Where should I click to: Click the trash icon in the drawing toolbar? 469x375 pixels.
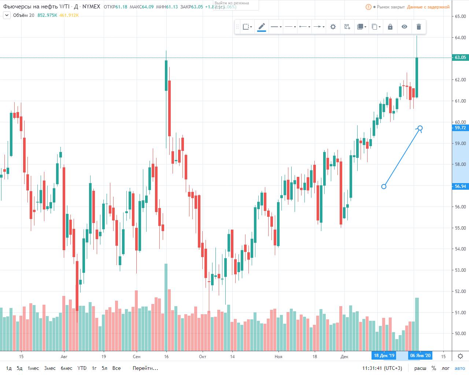click(x=419, y=27)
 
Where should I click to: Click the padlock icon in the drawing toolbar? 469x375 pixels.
click(x=390, y=27)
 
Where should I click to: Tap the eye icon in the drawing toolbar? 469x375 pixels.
click(x=404, y=27)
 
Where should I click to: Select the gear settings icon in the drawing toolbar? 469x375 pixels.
click(x=333, y=27)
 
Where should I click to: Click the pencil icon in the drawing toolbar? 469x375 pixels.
click(x=262, y=27)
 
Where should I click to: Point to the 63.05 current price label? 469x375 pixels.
click(x=460, y=57)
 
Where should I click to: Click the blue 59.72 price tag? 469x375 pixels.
click(x=460, y=128)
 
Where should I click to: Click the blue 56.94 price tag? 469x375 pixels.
click(x=460, y=186)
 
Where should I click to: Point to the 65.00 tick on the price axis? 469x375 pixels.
click(x=460, y=16)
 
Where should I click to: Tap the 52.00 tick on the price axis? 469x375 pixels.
click(x=460, y=292)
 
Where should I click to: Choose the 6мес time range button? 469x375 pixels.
click(x=66, y=368)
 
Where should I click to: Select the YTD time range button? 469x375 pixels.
click(x=82, y=368)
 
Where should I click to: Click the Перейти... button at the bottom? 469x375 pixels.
click(x=145, y=368)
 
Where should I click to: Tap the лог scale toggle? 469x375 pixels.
click(x=446, y=368)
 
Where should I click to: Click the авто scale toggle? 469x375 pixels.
click(x=459, y=368)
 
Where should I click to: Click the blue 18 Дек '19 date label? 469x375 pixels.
click(x=384, y=356)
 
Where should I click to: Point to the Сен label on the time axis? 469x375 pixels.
click(x=136, y=356)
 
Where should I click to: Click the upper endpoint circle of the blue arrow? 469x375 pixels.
click(x=420, y=128)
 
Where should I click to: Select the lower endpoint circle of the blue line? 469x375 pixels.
click(x=384, y=186)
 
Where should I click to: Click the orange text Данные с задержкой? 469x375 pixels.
click(x=428, y=7)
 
